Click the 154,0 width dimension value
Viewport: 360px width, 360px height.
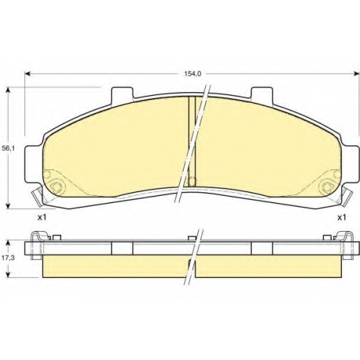point(192,74)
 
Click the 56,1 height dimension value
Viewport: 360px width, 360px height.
point(8,148)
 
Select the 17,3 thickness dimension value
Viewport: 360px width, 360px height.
point(8,258)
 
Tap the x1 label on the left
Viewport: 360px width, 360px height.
point(42,217)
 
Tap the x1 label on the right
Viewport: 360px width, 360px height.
point(342,217)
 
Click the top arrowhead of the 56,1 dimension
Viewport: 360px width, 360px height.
point(9,91)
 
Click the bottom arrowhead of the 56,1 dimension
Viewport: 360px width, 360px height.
point(9,205)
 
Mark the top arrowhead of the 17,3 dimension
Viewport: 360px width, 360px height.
point(9,244)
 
